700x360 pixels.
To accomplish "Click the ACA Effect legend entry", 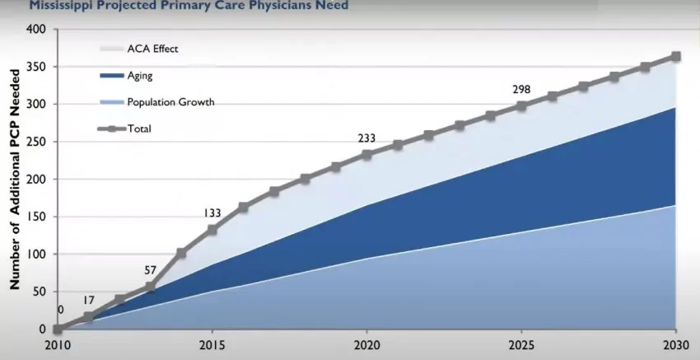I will (152, 49).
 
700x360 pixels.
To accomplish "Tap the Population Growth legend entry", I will (170, 102).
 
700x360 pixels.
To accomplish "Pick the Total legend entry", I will (139, 129).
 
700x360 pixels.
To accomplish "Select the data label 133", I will (212, 213).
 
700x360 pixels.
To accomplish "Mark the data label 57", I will (150, 270).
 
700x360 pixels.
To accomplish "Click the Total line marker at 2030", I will (675, 57).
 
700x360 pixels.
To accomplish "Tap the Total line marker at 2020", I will (366, 155).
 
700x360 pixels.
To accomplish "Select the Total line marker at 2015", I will (212, 230).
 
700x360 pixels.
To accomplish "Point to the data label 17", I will (89, 300).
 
